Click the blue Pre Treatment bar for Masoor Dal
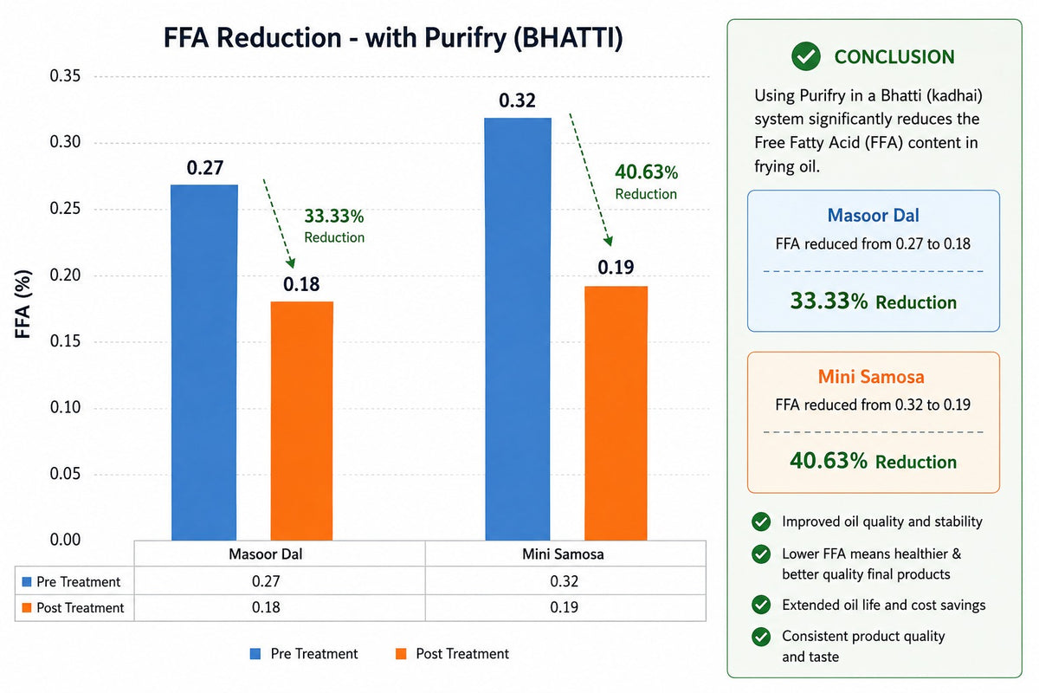tap(204, 362)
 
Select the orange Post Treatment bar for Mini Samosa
tap(616, 413)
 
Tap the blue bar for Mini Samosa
tap(518, 328)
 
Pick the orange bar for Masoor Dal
tap(302, 420)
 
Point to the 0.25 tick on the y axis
tap(65, 209)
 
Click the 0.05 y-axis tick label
tap(65, 474)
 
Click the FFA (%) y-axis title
tap(23, 304)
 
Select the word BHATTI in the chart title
tap(568, 37)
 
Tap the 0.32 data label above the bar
tap(517, 100)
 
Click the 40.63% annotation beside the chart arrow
tap(646, 172)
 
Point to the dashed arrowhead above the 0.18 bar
tap(290, 262)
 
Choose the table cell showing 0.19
tap(564, 607)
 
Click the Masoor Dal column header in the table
tap(265, 554)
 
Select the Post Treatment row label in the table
tap(81, 607)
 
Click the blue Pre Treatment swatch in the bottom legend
tap(255, 653)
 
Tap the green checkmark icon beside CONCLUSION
tap(806, 56)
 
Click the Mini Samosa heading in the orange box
tap(871, 377)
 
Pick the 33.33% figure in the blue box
tap(829, 301)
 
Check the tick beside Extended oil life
tap(761, 605)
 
